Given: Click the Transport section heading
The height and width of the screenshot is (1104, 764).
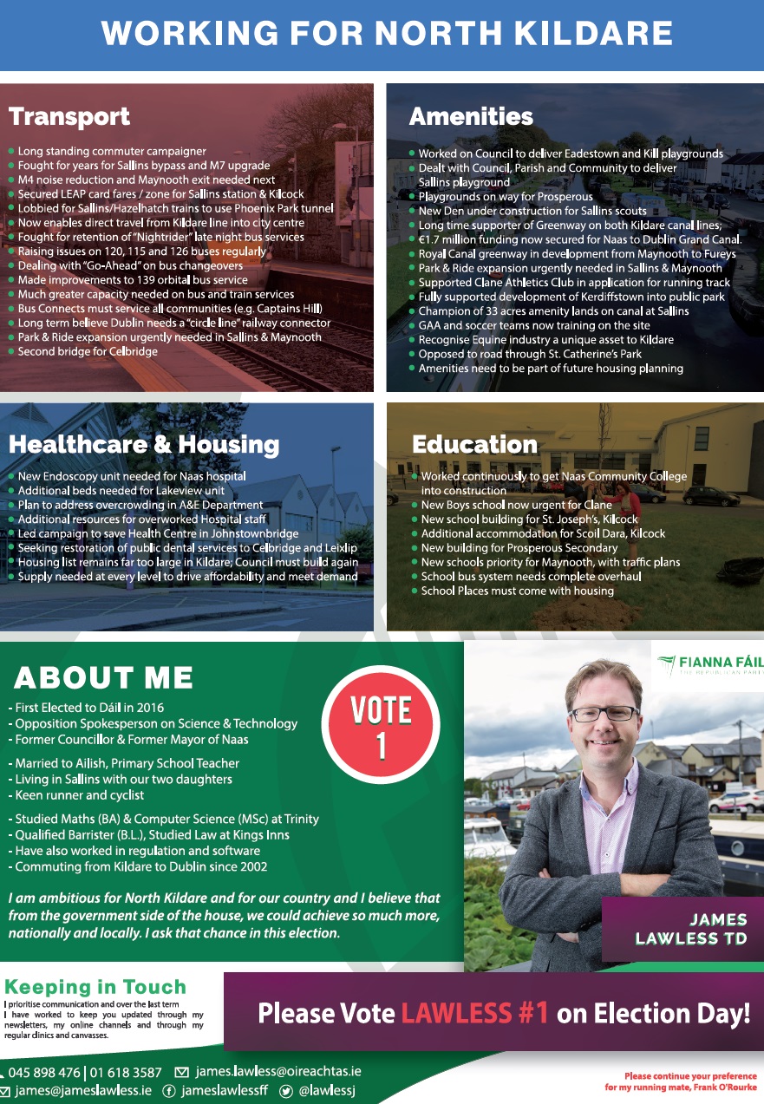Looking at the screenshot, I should coord(69,116).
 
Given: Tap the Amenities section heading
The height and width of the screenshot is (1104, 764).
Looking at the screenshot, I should coord(471,116).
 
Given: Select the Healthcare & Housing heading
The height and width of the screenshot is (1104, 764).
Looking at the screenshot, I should coord(144,445).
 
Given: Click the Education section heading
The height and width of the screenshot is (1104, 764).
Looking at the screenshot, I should coord(474,445).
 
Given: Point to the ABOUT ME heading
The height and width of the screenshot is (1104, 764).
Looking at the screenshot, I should coord(103,677).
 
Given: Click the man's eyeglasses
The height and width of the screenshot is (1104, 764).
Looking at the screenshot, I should coord(604,713).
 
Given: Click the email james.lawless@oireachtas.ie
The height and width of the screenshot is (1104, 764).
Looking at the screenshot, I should coord(278,1072).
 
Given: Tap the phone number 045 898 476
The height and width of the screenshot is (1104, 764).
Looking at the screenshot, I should coord(43,1073).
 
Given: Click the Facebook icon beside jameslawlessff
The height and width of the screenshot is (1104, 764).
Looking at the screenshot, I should coord(169,1091).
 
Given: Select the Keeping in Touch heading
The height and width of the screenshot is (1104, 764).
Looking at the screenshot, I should coord(95,987).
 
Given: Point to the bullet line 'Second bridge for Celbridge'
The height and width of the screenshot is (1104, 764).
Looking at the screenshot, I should coord(88,351).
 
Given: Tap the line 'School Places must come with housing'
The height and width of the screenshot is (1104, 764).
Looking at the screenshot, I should coord(517,591).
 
